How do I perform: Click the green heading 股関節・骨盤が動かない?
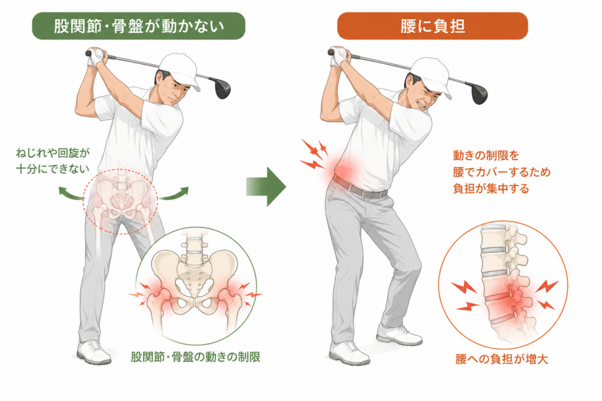(x=139, y=26)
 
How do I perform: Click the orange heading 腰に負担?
(x=433, y=26)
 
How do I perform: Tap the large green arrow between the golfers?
(x=266, y=187)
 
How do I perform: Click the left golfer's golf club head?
(x=222, y=88)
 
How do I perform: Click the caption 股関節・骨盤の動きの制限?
(x=196, y=357)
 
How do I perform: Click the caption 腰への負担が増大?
(x=502, y=359)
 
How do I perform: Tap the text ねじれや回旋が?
(x=52, y=153)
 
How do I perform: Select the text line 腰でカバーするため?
(x=502, y=172)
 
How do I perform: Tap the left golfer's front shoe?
(x=93, y=352)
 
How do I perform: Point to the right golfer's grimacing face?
(x=420, y=95)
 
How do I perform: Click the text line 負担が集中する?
(x=491, y=188)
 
